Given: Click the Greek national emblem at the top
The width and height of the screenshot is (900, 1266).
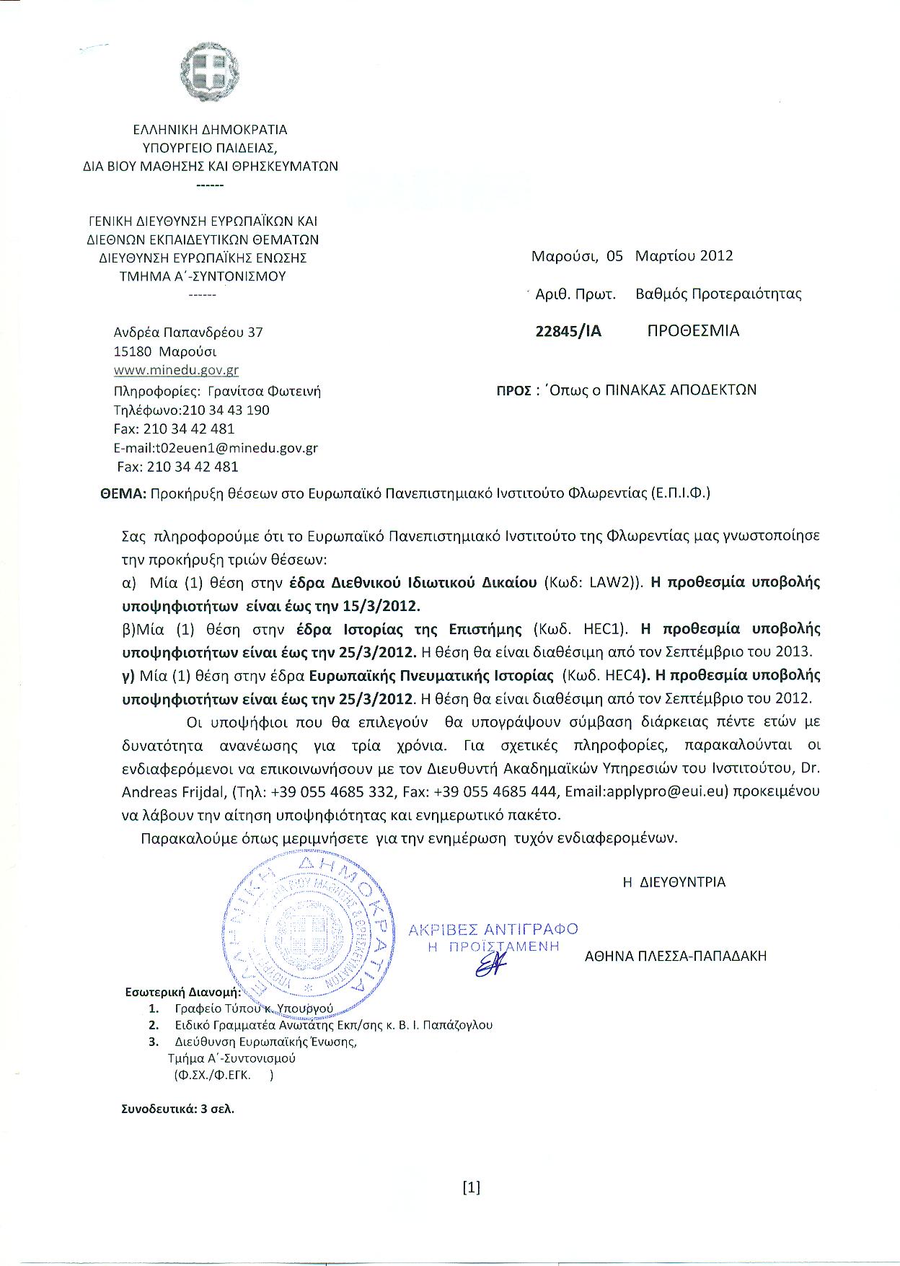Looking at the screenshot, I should click(x=209, y=70).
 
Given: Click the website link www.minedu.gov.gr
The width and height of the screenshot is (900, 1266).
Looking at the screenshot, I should click(x=176, y=371).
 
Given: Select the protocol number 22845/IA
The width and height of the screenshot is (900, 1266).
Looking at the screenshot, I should click(x=568, y=331).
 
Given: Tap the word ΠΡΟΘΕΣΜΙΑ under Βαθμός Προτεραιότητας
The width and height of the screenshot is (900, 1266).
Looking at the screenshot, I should click(x=693, y=331).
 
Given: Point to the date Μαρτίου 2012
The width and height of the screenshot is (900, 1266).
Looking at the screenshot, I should click(x=684, y=255).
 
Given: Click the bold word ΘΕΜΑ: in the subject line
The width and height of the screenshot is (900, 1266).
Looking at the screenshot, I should click(x=123, y=494).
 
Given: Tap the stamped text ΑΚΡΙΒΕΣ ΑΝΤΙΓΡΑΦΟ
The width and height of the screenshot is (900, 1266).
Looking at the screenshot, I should click(x=493, y=929).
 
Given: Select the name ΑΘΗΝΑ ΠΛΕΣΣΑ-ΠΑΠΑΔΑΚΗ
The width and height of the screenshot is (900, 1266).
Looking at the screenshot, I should click(x=676, y=957).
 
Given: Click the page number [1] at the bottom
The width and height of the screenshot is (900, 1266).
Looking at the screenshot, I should click(x=471, y=1188).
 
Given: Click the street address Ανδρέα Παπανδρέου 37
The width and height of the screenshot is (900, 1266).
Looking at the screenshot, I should click(x=188, y=333).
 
